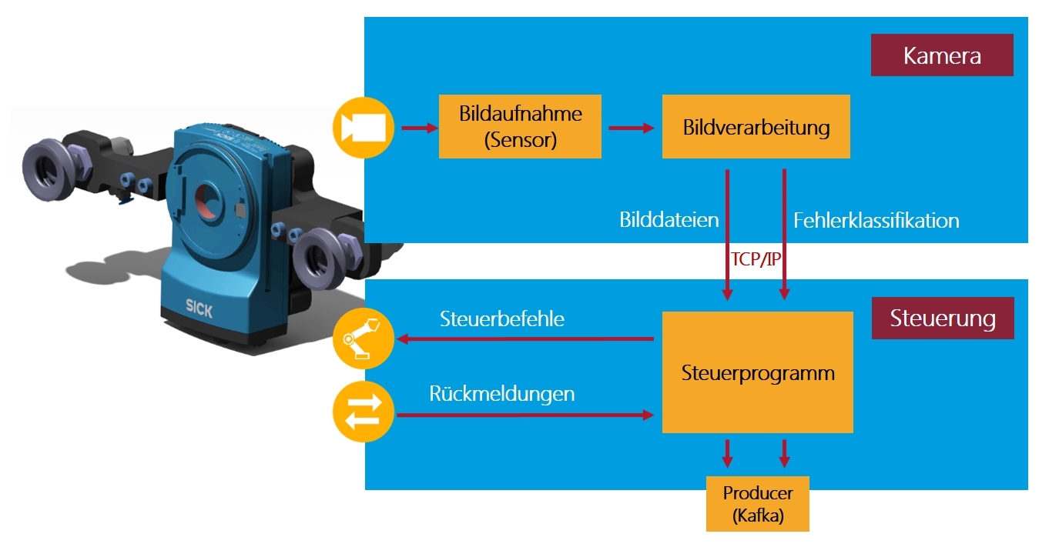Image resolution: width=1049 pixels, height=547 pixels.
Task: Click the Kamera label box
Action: click(x=941, y=56)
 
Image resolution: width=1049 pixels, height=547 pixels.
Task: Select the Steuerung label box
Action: click(x=942, y=319)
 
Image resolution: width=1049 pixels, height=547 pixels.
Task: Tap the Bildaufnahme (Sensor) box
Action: click(x=520, y=127)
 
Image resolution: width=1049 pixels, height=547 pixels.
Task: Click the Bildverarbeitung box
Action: click(x=756, y=127)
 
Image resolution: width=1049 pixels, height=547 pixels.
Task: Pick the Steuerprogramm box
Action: click(x=757, y=373)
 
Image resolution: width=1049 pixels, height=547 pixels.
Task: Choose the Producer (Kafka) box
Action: click(x=757, y=504)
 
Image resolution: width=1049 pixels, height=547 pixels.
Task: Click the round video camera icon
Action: click(x=363, y=127)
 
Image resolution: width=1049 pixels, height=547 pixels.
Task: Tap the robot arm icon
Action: click(x=363, y=338)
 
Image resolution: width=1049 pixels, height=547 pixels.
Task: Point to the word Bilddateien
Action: click(x=669, y=221)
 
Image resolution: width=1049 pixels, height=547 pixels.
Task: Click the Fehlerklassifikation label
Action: click(x=876, y=221)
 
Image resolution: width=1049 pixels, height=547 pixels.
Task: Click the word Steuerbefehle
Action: click(x=501, y=319)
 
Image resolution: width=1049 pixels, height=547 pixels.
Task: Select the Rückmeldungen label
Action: click(x=501, y=394)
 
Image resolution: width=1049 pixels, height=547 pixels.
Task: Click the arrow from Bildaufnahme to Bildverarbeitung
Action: click(x=631, y=128)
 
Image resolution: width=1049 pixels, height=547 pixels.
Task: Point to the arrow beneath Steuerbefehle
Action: click(x=524, y=339)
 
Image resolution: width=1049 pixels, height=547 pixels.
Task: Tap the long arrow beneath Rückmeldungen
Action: click(x=524, y=415)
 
